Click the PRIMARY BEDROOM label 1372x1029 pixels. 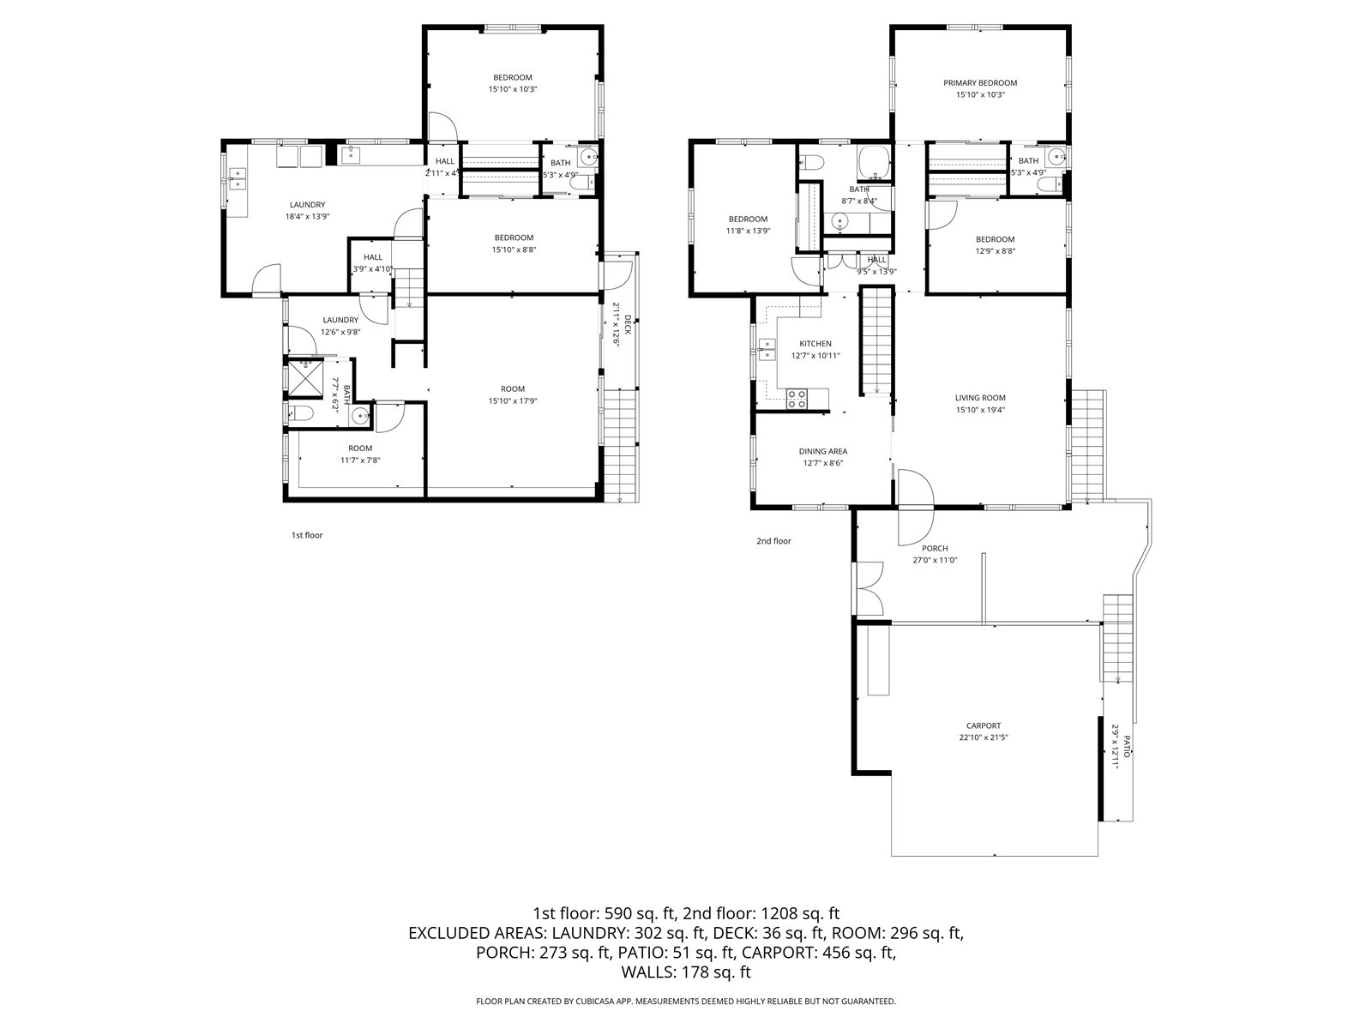coord(980,83)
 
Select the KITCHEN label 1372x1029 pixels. coord(815,344)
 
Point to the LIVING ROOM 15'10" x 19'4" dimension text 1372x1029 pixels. coord(980,410)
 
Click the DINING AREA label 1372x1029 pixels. coord(823,451)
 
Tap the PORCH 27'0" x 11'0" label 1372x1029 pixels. coord(935,554)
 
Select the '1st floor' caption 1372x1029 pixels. coord(307,535)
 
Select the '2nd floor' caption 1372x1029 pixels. coord(773,541)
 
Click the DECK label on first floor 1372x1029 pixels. coord(628,324)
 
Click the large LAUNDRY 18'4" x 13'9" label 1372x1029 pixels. coord(307,210)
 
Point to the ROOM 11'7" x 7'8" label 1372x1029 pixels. coord(360,454)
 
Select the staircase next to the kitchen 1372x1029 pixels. coord(876,341)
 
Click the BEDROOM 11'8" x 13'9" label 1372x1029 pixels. coord(748,225)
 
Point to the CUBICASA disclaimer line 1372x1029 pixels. coord(686,1001)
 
